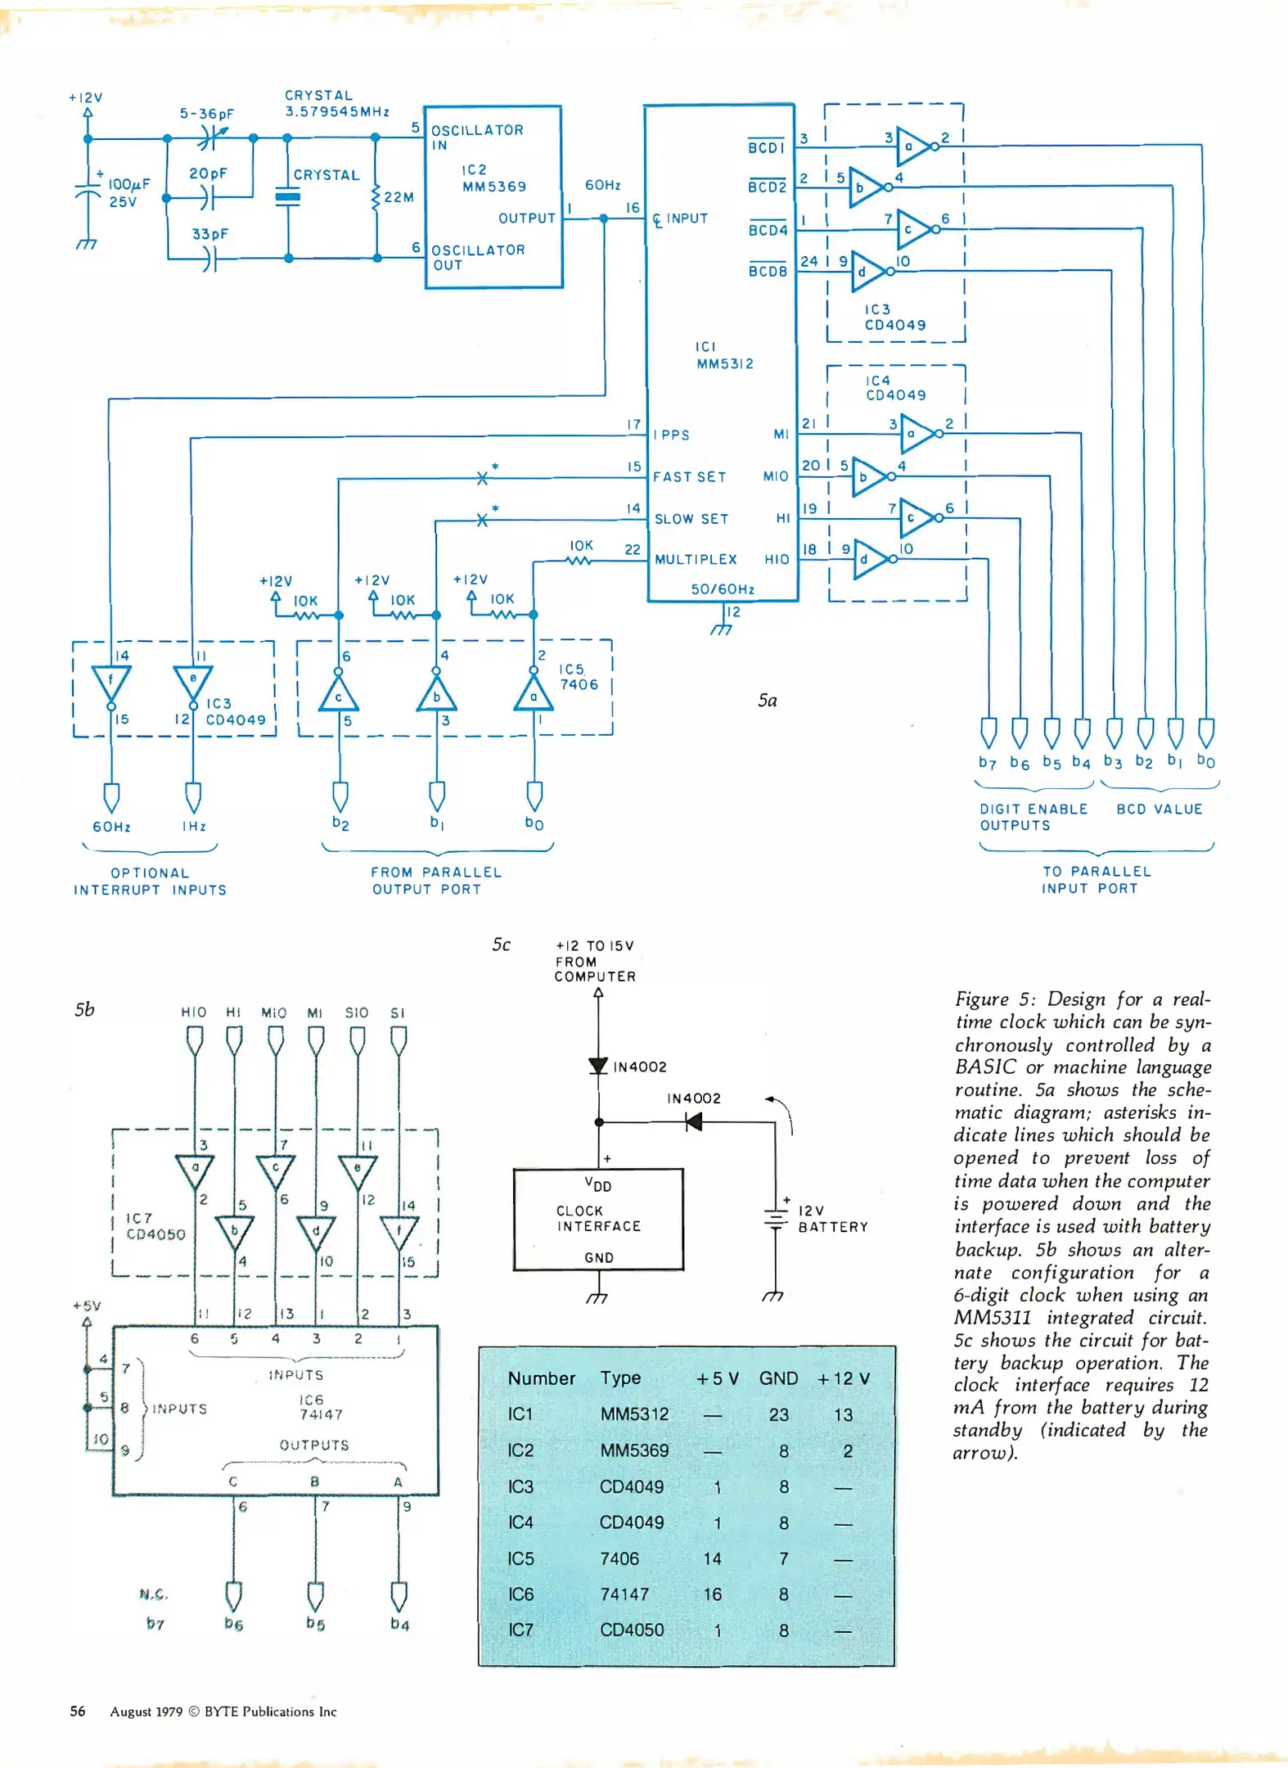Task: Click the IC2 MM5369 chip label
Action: point(493,178)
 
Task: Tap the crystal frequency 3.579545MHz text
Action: point(336,111)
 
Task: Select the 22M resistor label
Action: point(399,197)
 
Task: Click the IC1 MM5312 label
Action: point(723,355)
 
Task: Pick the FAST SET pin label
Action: point(689,476)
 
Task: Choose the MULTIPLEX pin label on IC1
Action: point(696,560)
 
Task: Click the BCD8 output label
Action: point(767,271)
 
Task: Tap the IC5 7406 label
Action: point(579,677)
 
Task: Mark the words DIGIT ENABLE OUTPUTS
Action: point(1033,817)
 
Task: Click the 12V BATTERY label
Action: point(832,1219)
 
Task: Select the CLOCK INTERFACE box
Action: point(598,1219)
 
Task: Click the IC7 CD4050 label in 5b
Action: point(155,1226)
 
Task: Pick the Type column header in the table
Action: point(620,1378)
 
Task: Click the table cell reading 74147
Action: point(624,1594)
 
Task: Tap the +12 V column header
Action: point(843,1378)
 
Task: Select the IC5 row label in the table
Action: point(520,1558)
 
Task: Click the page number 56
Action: point(78,1711)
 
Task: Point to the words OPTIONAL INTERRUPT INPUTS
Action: point(150,882)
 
